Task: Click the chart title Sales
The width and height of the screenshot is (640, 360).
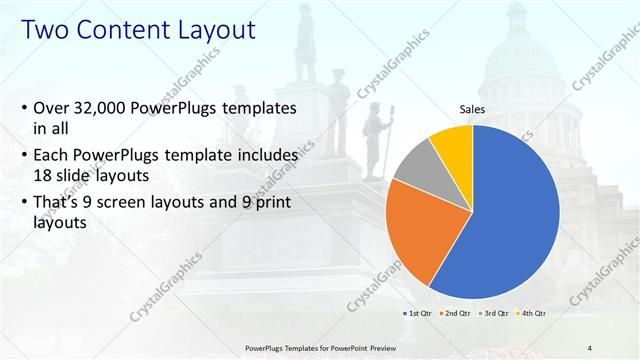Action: (473, 109)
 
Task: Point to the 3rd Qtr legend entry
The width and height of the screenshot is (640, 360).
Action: (494, 314)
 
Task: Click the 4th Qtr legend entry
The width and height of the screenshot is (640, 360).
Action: (531, 314)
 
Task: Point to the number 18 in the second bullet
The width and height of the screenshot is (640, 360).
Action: (44, 176)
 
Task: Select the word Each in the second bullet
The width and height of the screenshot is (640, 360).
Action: (55, 155)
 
